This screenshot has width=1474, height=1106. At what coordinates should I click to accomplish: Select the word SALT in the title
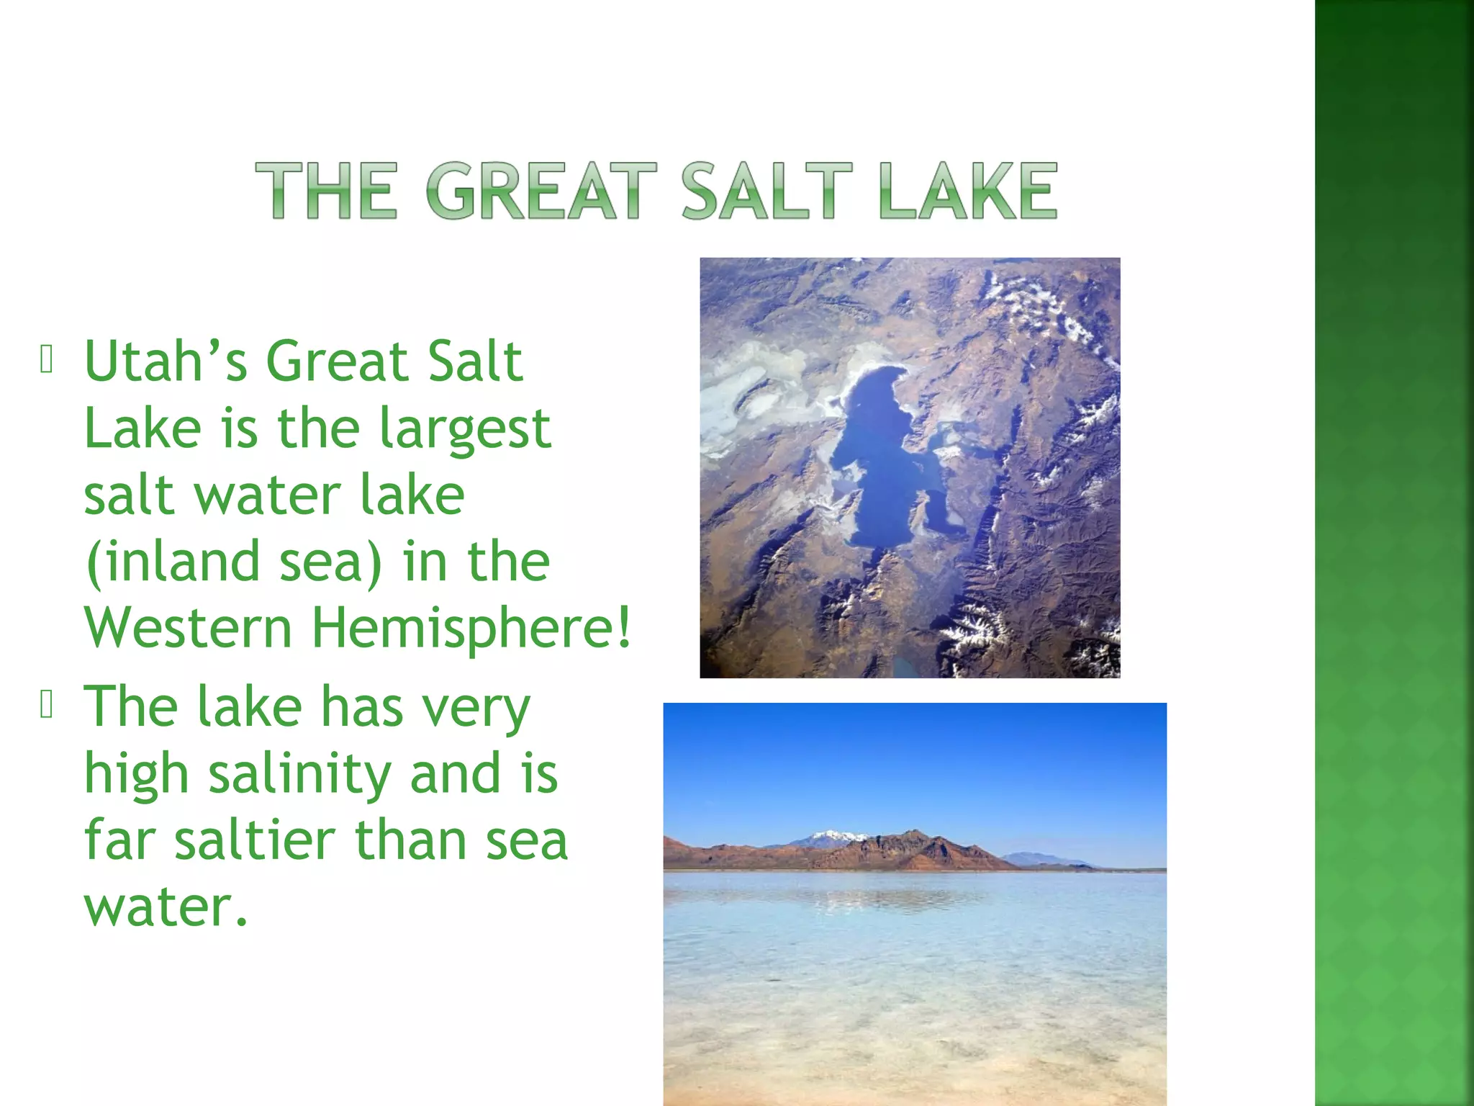[767, 190]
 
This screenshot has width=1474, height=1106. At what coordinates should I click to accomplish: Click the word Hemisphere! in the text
[471, 628]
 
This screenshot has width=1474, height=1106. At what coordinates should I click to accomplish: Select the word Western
[189, 628]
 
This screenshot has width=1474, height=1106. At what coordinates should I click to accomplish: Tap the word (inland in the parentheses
[173, 562]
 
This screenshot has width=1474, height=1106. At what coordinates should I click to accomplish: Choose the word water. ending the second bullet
[166, 907]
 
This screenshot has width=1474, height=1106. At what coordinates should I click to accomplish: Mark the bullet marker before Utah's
[48, 361]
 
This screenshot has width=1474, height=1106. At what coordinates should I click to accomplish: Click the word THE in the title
[326, 190]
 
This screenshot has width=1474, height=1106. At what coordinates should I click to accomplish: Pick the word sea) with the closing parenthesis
[330, 562]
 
